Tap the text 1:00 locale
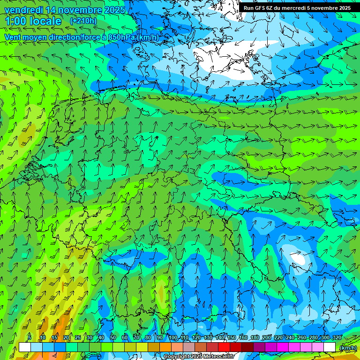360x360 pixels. point(33,21)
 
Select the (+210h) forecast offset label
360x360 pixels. point(83,21)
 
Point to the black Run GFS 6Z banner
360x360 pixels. point(297,8)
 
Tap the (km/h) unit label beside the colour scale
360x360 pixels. point(347,348)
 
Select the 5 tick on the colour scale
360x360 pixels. point(30,337)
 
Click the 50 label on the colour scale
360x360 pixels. point(113,337)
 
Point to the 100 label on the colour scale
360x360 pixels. point(173,337)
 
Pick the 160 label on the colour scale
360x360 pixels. point(243,337)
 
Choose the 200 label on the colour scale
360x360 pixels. point(267,337)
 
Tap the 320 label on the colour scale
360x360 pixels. point(337,337)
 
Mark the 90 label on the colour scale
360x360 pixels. point(160,337)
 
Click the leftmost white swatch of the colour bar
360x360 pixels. point(25,347)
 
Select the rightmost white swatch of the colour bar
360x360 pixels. point(330,347)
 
